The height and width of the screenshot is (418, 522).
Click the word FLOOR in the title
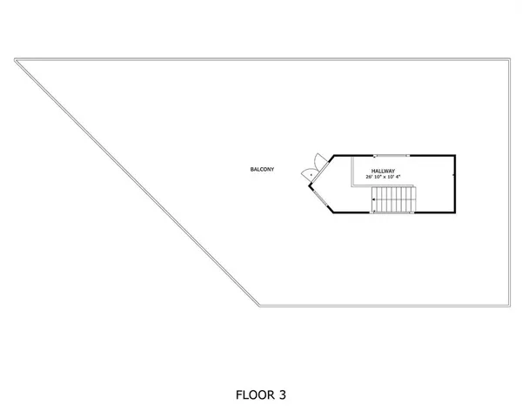253,394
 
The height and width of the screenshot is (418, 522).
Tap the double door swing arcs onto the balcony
308,170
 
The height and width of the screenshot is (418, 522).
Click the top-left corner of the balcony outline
16,59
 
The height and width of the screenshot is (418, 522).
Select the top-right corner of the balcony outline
508,59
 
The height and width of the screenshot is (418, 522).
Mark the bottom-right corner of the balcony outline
508,306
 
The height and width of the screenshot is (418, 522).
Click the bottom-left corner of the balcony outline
261,306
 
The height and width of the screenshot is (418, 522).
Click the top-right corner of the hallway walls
454,157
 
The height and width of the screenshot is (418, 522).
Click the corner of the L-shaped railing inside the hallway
352,184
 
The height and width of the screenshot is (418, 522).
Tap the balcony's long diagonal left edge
139,183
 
